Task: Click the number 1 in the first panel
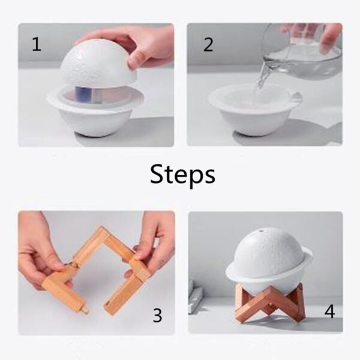coord(37,44)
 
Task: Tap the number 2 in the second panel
coord(208,45)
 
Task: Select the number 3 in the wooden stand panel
coord(157,315)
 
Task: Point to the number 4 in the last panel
coord(329,311)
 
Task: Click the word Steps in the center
coord(182,175)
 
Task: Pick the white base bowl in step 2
coord(252,114)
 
